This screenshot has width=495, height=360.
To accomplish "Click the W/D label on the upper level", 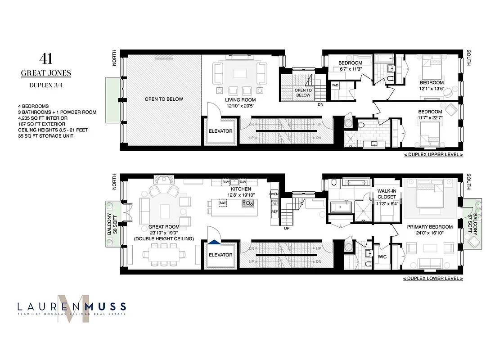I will [x=335, y=85].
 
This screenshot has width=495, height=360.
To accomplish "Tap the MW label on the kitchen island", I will [x=222, y=203].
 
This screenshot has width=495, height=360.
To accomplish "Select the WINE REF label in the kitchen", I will [x=274, y=202].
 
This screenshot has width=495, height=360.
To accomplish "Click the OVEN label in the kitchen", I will [x=274, y=194].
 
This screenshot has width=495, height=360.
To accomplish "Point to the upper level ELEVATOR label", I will [x=220, y=131].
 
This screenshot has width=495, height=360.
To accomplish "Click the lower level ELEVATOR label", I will [x=220, y=255].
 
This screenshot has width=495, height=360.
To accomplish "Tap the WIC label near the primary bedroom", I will [x=382, y=257].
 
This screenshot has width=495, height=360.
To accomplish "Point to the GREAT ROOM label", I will [x=166, y=227].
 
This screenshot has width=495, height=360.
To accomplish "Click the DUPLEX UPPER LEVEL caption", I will [x=433, y=154].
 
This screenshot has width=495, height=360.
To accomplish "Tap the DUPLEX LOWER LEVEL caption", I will [x=433, y=279].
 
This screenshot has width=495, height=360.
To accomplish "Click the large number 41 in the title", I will [x=47, y=58].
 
